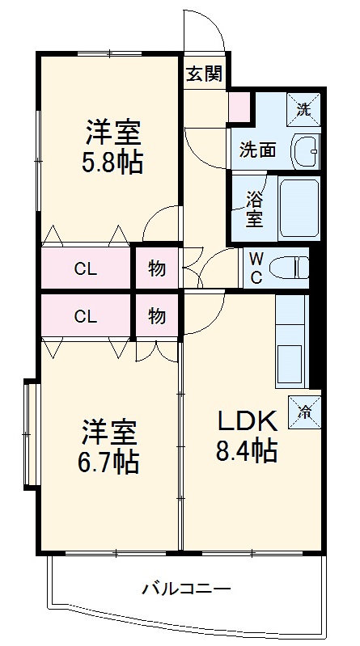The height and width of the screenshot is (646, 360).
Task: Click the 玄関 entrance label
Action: click(x=204, y=74)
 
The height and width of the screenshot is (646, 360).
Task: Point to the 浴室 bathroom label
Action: click(x=253, y=208)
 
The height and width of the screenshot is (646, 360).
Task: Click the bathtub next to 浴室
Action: click(x=299, y=208)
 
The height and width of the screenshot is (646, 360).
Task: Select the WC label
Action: click(x=255, y=267)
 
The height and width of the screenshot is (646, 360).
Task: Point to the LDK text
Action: click(x=246, y=420)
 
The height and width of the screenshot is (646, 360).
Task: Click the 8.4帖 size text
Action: click(x=246, y=451)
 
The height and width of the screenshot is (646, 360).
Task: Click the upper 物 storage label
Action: click(x=157, y=268)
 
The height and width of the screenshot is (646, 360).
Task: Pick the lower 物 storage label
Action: click(x=157, y=316)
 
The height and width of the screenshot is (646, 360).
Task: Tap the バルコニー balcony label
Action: click(x=188, y=588)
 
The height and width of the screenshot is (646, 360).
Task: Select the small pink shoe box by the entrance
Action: click(x=239, y=106)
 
